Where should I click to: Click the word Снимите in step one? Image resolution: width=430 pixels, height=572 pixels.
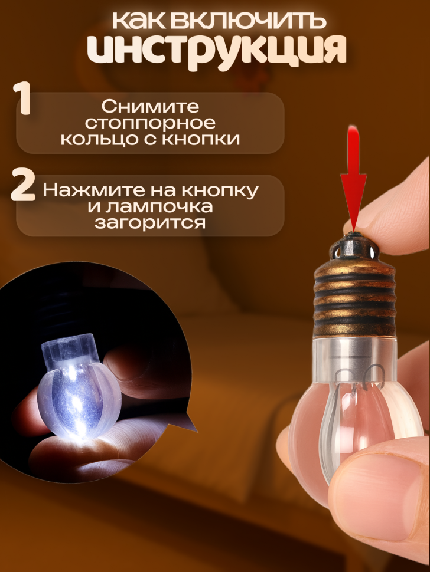[150, 107]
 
